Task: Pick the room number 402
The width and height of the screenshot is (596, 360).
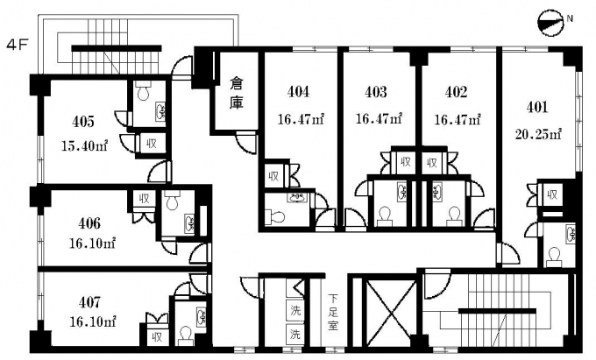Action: (x=455, y=91)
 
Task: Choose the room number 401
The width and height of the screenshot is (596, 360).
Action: (x=538, y=108)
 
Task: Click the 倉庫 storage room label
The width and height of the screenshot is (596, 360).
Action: (x=236, y=93)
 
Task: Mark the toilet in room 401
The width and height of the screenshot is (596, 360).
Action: (x=553, y=256)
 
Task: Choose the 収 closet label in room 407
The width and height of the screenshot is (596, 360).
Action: (x=158, y=335)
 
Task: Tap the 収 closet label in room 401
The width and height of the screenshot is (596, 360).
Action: (x=551, y=195)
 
